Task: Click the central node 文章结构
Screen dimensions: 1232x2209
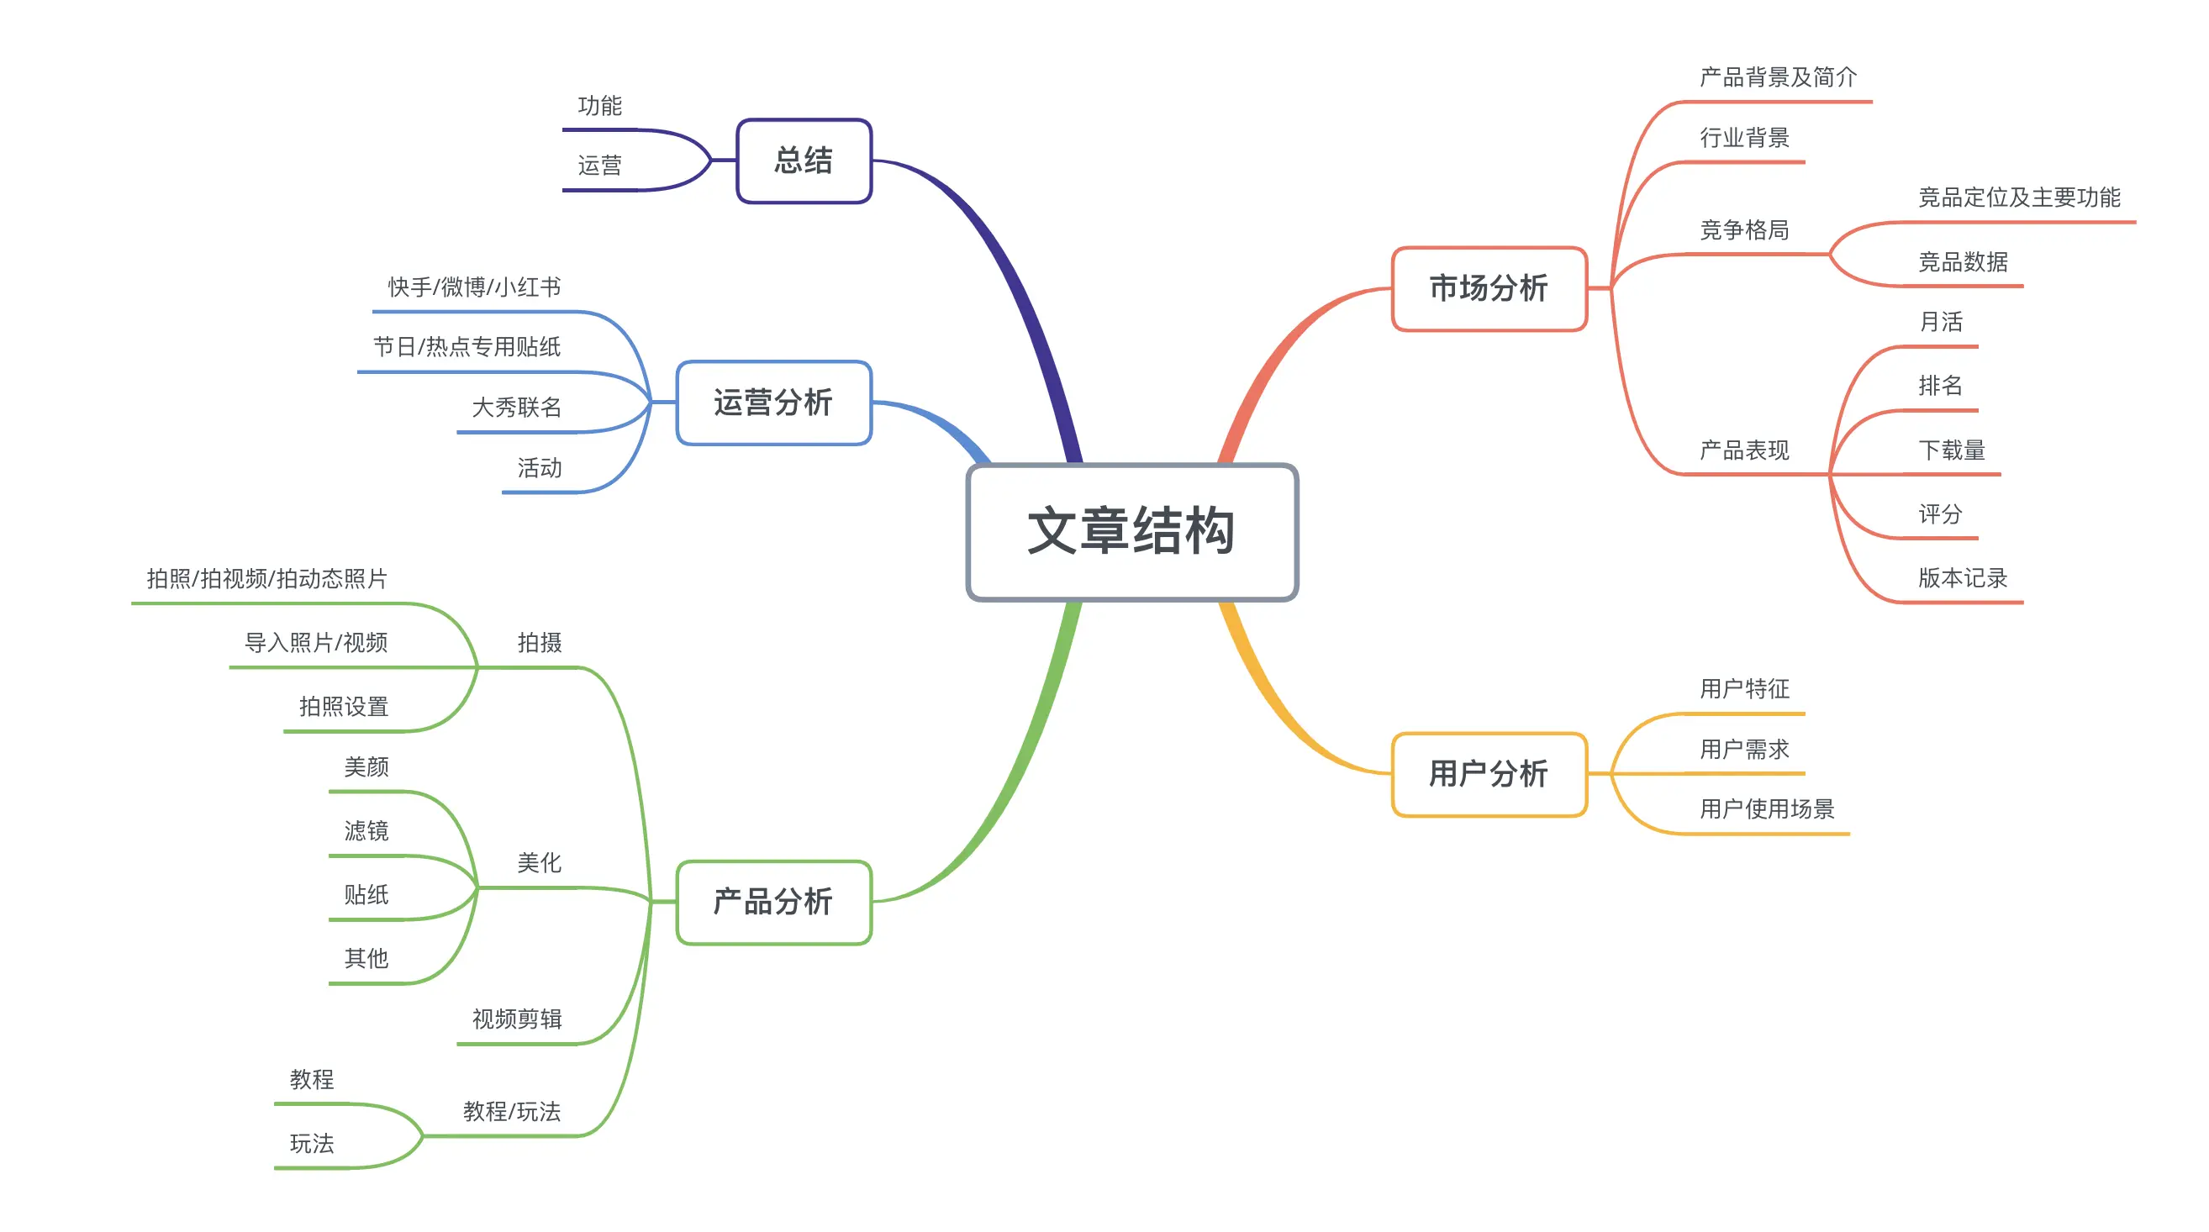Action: (x=1131, y=532)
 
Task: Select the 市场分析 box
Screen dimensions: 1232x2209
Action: (x=1489, y=288)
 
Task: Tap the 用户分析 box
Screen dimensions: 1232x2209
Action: (x=1489, y=773)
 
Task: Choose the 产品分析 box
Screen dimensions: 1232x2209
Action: (x=773, y=902)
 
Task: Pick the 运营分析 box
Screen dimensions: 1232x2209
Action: (x=773, y=402)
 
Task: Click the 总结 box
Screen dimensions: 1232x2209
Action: (x=804, y=161)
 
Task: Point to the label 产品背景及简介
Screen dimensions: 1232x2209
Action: (x=1778, y=77)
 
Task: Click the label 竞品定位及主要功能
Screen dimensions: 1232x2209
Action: (x=2019, y=197)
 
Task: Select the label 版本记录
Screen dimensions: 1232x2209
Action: (x=1962, y=578)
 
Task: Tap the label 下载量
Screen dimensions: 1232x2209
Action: (x=1951, y=450)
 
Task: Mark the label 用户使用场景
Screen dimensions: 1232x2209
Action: (x=1767, y=808)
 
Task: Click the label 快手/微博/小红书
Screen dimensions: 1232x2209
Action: (x=474, y=287)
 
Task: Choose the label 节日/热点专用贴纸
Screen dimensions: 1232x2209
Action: (x=467, y=346)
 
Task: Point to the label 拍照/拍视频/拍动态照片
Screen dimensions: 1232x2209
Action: (x=266, y=579)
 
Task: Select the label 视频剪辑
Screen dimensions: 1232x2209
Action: (x=516, y=1019)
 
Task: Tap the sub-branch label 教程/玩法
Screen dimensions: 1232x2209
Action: (x=511, y=1111)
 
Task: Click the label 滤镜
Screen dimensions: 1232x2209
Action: (x=366, y=830)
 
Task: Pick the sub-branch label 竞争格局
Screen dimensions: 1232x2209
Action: (x=1744, y=229)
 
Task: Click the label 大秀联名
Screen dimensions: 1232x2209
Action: (x=516, y=408)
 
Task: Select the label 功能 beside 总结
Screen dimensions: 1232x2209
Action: (x=599, y=105)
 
